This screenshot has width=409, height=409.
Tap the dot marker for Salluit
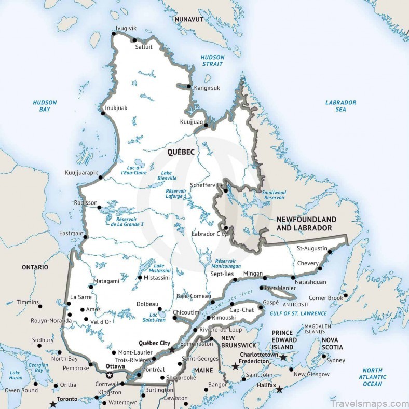pos(134,40)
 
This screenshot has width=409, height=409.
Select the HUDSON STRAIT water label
pos(212,61)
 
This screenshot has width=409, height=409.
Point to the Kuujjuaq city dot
pos(206,125)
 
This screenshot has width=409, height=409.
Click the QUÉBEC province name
pos(181,152)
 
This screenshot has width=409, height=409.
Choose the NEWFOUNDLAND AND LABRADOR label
pos(306,224)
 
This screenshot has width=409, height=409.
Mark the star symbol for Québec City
pos(172,350)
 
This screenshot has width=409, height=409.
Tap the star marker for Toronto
pos(52,404)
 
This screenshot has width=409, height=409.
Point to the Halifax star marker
pos(280,389)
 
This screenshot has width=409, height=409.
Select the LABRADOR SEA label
pos(340,106)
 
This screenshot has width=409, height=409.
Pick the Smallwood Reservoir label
pos(274,195)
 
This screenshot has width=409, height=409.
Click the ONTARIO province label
pos(35,267)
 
